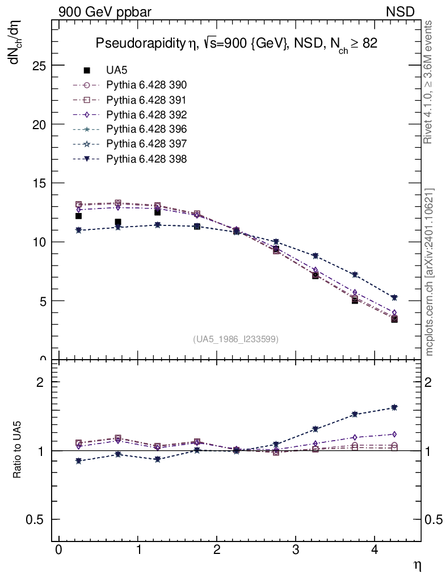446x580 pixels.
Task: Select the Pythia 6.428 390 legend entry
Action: (146, 85)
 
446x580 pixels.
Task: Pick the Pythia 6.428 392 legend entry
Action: (146, 114)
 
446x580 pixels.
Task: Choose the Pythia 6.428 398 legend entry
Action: (146, 159)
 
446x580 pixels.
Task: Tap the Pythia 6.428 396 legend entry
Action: (146, 129)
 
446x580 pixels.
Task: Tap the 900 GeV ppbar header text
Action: (105, 11)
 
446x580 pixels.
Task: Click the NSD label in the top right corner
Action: (401, 11)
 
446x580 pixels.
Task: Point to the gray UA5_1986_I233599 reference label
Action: (236, 339)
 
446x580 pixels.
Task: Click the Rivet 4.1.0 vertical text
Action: (429, 82)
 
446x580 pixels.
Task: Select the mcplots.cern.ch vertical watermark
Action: (430, 272)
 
